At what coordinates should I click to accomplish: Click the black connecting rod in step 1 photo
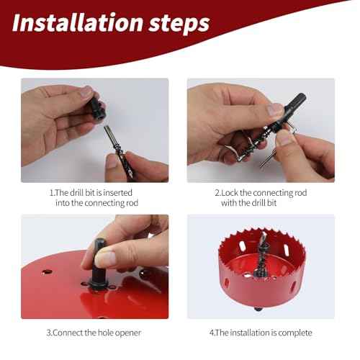pos(95,114)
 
